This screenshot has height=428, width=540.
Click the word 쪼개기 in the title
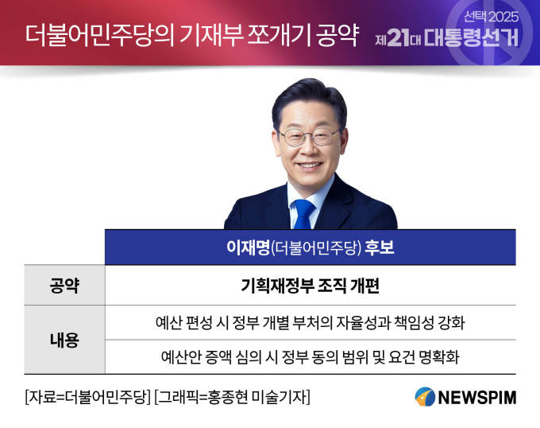pos(279,36)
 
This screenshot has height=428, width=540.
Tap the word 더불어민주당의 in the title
pos(100,36)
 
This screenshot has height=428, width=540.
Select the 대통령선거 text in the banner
pos(471,37)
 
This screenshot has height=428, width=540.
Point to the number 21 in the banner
pos(398,37)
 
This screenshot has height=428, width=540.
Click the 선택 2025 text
pos(491,17)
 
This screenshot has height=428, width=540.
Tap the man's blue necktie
pos(304,214)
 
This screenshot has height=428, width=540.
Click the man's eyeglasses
pos(308,137)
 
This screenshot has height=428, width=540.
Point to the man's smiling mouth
pos(309,166)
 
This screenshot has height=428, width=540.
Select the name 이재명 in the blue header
pos(248,247)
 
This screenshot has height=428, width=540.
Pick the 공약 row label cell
pos(64,286)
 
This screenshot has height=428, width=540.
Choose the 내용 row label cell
pos(64,340)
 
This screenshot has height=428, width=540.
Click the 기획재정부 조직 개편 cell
pos(310,286)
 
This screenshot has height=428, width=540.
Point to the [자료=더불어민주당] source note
pos(88,397)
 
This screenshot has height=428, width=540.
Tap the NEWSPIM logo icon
pos(425,397)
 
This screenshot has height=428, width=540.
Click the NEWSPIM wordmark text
pos(477,397)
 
